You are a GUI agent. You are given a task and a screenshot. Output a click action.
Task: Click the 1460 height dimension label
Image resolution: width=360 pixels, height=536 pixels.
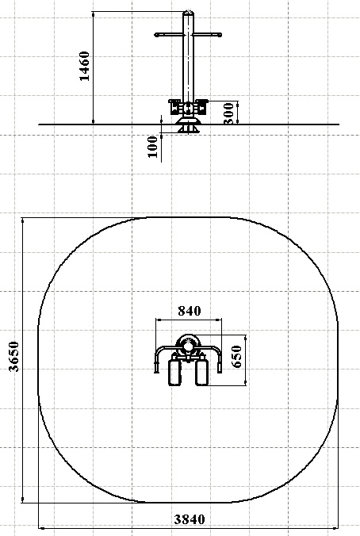(x=84, y=66)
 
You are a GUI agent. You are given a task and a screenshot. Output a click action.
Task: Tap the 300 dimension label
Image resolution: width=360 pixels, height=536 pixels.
(x=228, y=113)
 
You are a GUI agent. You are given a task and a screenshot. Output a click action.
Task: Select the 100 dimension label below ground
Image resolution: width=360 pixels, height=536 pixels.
(x=153, y=147)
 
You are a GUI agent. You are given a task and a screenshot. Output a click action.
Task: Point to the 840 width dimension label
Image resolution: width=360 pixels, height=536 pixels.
(x=190, y=311)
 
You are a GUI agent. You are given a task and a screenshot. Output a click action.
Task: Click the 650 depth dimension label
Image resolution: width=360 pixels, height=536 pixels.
(x=237, y=356)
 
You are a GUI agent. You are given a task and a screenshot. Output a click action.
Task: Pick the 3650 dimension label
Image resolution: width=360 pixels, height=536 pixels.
(x=14, y=356)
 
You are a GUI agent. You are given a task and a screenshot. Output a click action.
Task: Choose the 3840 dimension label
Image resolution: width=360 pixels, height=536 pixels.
(x=190, y=519)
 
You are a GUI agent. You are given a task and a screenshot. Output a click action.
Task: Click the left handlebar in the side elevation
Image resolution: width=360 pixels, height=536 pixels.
(x=169, y=35)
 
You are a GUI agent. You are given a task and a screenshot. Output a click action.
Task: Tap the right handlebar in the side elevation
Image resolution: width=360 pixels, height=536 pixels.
(x=208, y=35)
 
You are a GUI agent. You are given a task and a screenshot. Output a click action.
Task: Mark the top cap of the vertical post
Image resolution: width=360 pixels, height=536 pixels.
(x=188, y=13)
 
